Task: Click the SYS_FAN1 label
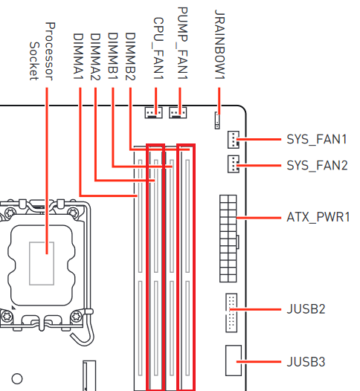tap(317, 139)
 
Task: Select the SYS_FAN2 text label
tap(317, 165)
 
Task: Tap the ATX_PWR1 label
tap(318, 217)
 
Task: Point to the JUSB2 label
tap(306, 309)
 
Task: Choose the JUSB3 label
tap(306, 362)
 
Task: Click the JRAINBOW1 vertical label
tap(219, 45)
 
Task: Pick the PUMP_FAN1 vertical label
tap(183, 43)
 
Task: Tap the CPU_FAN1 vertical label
tap(158, 48)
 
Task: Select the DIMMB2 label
tap(130, 56)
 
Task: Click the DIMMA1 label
tap(78, 56)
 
